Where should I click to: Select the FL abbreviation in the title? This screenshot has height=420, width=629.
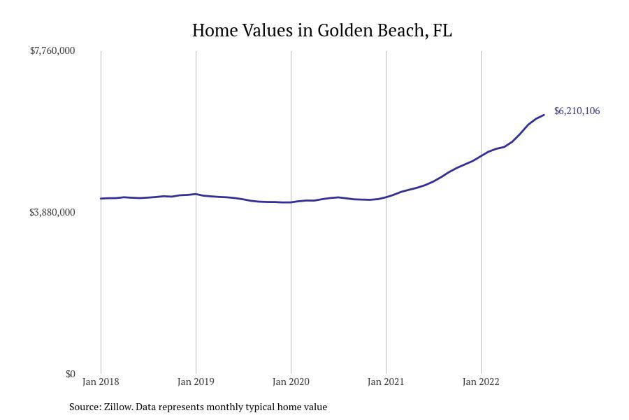442,31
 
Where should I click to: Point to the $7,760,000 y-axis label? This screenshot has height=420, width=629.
52,50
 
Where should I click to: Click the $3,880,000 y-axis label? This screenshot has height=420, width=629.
52,212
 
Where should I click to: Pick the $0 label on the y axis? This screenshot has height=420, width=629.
70,374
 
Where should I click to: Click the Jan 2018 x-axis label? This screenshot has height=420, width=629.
101,381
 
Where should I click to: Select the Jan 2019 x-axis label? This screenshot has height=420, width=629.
196,381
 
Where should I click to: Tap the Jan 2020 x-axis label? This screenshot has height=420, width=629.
291,381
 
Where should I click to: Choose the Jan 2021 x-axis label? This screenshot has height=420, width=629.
386,381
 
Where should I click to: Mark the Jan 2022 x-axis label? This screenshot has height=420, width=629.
481,381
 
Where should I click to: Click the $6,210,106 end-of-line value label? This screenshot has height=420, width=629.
577,111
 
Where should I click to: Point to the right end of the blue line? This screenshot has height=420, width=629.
544,115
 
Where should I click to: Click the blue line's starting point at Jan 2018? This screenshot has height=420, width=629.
101,199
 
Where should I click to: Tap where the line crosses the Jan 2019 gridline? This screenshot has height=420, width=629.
196,194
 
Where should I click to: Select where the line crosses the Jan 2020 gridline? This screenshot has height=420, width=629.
291,202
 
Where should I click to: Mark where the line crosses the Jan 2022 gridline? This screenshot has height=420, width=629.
481,155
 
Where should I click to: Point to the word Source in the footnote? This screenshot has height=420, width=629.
84,407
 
